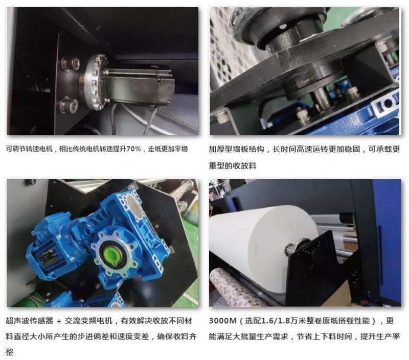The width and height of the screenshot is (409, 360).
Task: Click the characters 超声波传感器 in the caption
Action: pos(30,321)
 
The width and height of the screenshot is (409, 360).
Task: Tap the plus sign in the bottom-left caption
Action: pos(59,321)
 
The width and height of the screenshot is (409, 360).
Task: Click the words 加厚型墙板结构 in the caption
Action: pos(236,149)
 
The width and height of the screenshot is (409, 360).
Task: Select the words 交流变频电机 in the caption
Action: pos(88,321)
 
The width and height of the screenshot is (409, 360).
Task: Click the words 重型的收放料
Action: pos(233,165)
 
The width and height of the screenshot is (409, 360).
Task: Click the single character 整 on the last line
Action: pos(10,352)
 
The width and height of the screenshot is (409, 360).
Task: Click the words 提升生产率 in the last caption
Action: pos(380,337)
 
